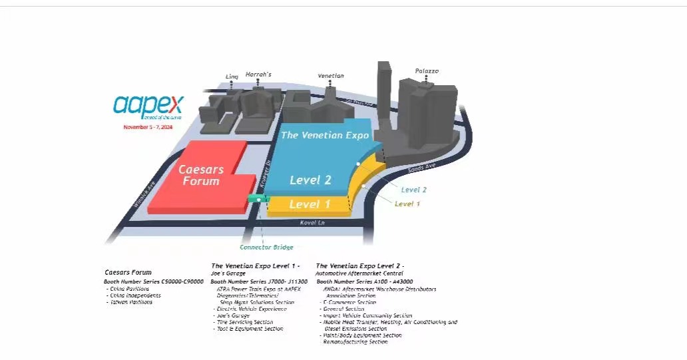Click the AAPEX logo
[148, 105]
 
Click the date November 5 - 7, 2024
[147, 126]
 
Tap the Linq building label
[232, 77]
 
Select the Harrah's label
[258, 74]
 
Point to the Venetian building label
[331, 76]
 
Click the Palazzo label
[427, 71]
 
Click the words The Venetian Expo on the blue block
[325, 135]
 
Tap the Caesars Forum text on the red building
[200, 175]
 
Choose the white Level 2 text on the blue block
[310, 180]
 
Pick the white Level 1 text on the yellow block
[310, 204]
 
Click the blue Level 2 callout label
[414, 190]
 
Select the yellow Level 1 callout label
[407, 204]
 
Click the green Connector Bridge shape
[256, 198]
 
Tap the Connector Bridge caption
[266, 248]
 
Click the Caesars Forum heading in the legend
[128, 272]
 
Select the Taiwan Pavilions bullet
[130, 302]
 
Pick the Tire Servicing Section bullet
[244, 322]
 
